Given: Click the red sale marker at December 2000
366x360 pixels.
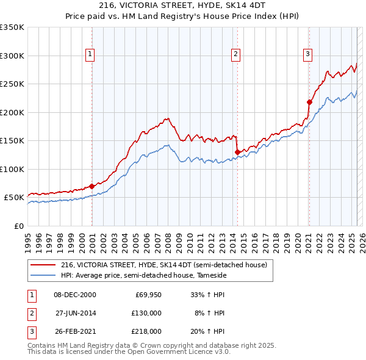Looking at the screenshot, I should tap(91, 186).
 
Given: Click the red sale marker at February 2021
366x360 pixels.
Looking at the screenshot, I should tap(309, 102).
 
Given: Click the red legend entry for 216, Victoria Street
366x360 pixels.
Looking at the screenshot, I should tap(163, 265).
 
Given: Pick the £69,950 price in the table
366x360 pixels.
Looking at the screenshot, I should tap(148, 295).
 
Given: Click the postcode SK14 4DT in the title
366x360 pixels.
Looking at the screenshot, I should tap(247, 7).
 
